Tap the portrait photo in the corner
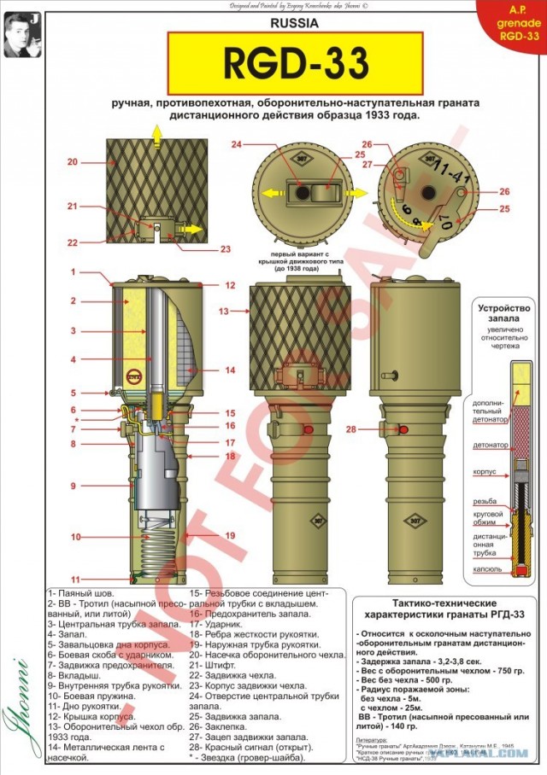pos(21,32)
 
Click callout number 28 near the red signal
pos(351,428)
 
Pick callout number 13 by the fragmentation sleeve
pos(225,312)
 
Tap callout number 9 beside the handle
pos(74,486)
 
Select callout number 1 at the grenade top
pos(74,271)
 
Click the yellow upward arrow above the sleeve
pos(156,130)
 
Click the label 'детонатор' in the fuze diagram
pos(491,446)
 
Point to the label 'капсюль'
pos(489,568)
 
